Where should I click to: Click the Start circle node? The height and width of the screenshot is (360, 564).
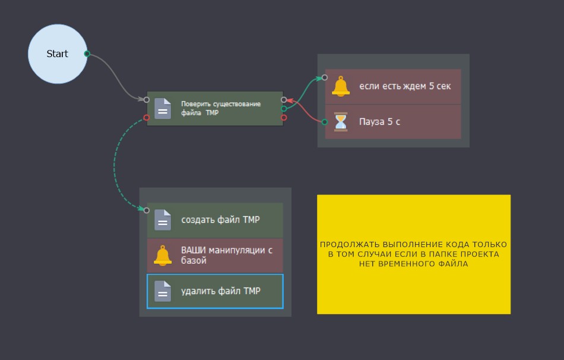pos(57,54)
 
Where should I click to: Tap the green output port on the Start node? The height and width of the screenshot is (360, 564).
pos(87,54)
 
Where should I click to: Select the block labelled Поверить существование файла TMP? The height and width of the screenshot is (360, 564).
pos(221,109)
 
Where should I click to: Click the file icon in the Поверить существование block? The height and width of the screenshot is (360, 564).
pos(163,109)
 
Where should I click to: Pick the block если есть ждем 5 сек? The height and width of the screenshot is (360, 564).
pos(405,87)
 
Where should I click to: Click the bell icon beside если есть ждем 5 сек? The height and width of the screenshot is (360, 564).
pos(341,87)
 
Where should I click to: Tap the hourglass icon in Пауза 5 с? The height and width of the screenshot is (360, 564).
pos(341,122)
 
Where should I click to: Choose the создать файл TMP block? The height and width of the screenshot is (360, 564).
pos(221,220)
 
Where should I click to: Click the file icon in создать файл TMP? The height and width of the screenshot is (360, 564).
pos(163,220)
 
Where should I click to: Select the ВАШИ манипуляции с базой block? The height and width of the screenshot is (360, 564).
pos(226,255)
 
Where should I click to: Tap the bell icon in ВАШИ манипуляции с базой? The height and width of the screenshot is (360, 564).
pos(163,255)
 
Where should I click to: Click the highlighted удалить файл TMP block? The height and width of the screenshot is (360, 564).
pos(221,291)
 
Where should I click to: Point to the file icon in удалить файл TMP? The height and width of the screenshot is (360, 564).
pos(163,291)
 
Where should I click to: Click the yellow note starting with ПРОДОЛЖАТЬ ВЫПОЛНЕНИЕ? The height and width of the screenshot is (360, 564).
pos(413,254)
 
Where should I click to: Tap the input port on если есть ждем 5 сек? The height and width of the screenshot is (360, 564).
pos(325,77)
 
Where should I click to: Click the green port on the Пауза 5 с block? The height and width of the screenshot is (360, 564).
pos(325,122)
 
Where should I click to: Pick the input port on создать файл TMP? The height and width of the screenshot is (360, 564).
pos(147,210)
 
